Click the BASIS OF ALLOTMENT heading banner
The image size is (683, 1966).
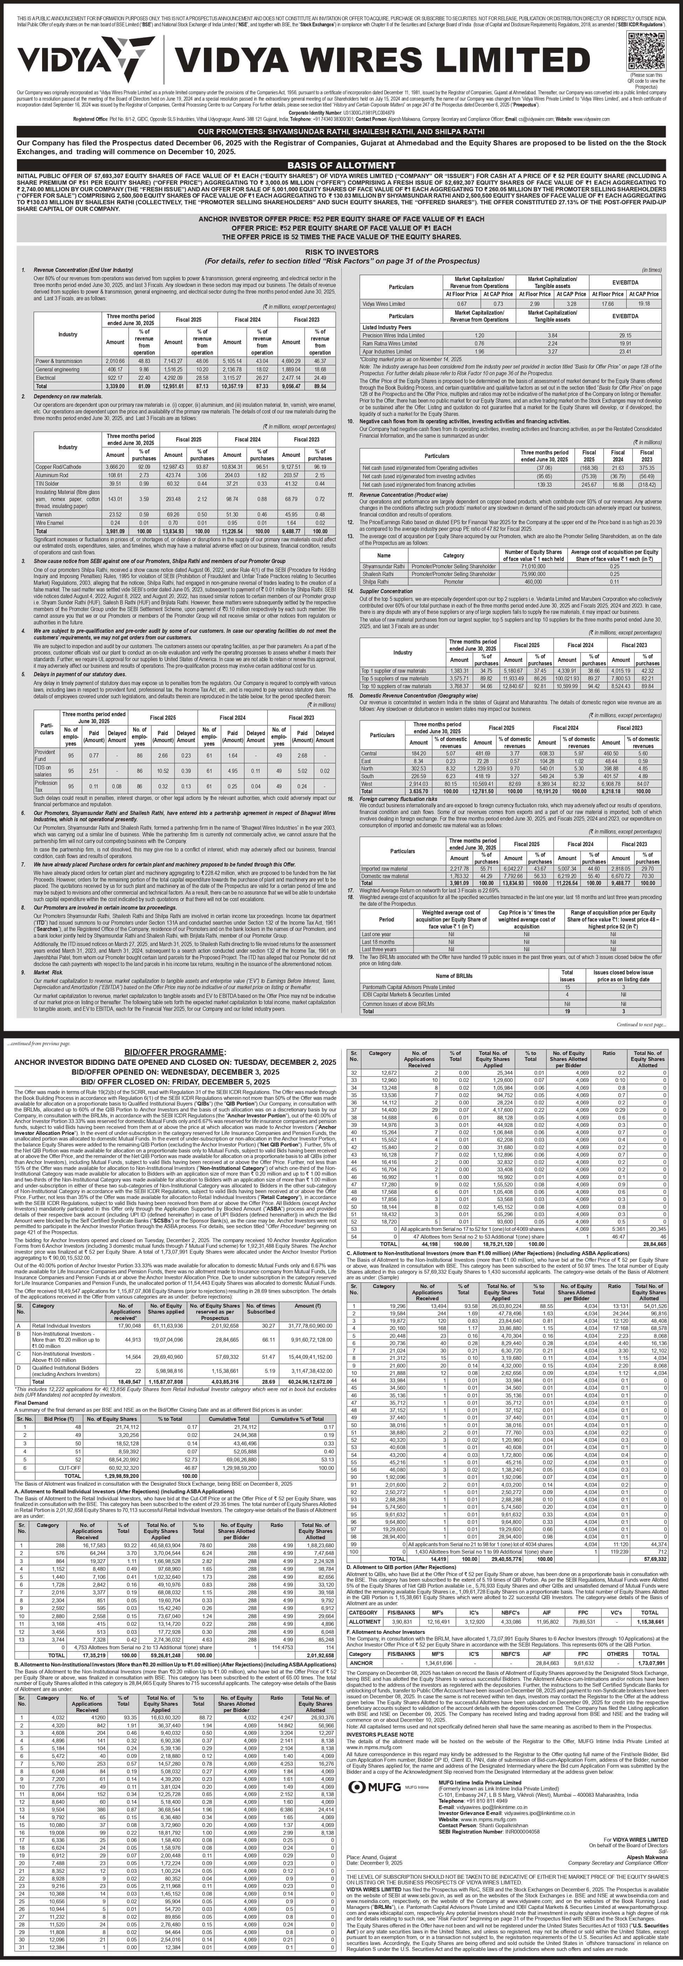pos(341,165)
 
